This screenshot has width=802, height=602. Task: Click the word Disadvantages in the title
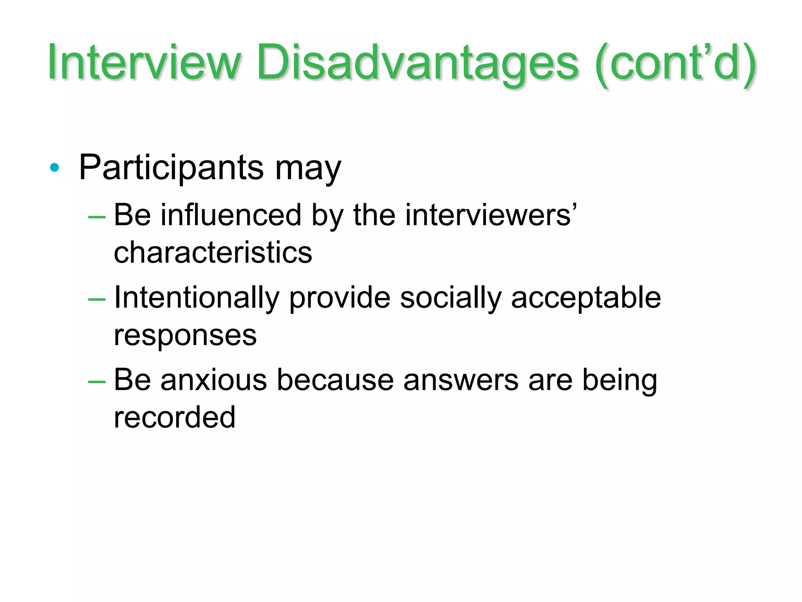(417, 63)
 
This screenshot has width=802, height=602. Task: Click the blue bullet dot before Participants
(54, 168)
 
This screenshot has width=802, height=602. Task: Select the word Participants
(172, 168)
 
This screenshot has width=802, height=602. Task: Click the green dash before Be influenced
(97, 217)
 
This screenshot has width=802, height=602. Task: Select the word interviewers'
(491, 215)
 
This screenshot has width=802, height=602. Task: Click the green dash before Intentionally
(97, 300)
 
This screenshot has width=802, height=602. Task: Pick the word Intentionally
(197, 298)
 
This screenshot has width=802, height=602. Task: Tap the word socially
(450, 298)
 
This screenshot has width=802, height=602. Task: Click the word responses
(185, 336)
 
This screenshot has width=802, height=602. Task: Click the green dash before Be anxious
(97, 382)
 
